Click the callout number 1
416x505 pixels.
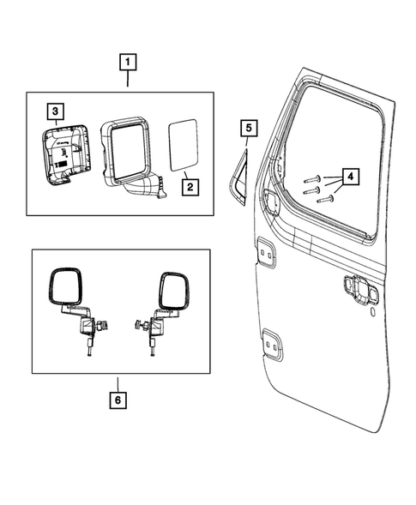127,63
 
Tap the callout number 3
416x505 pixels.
54,111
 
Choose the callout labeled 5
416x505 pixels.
247,129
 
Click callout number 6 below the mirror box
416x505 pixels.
119,400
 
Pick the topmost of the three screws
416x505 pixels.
314,180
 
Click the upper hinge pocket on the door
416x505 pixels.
265,255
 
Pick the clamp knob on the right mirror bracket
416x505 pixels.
138,327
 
